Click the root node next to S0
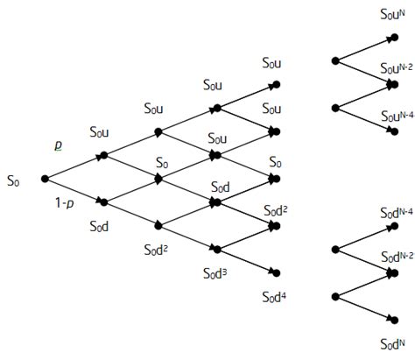(45, 179)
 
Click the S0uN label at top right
(391, 13)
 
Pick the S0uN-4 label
(396, 116)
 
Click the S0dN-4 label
(396, 212)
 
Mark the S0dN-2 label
(396, 258)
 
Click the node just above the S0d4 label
(275, 272)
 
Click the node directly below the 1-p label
(104, 202)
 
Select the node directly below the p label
(104, 155)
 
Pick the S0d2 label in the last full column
(277, 210)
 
